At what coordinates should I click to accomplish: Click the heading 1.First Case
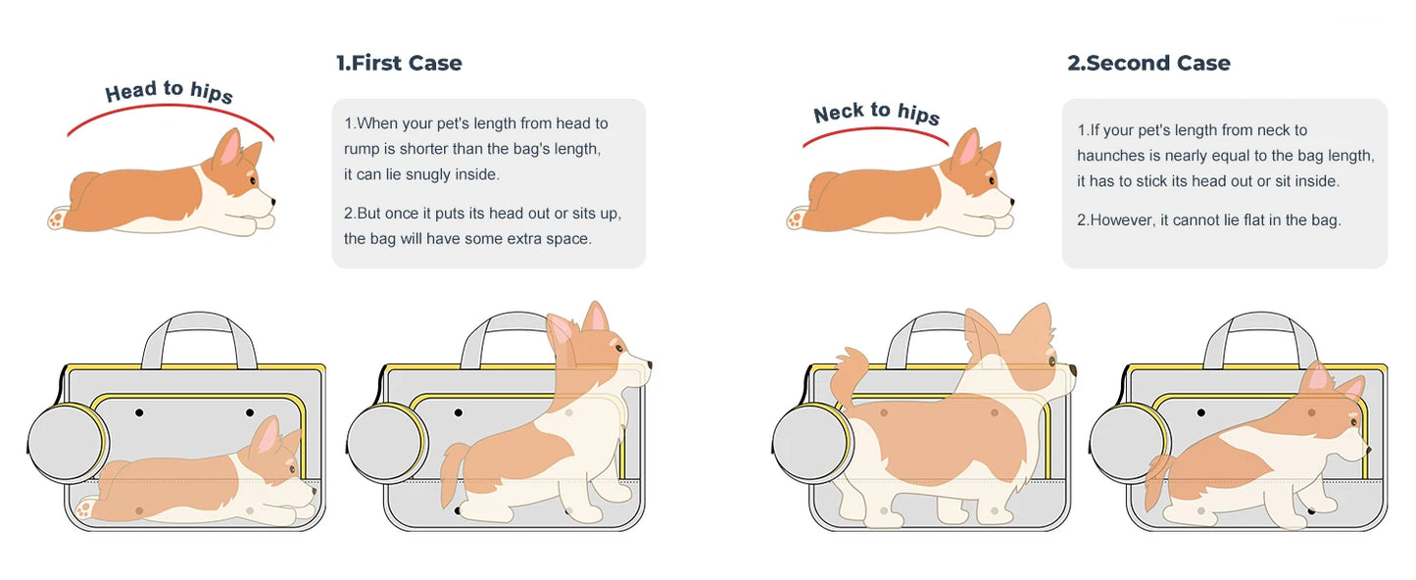[399, 64]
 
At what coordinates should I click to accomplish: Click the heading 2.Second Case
[1148, 64]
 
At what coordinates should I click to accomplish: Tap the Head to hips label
[169, 91]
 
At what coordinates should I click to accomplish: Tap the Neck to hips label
[876, 113]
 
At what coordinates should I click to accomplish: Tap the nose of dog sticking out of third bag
[1072, 371]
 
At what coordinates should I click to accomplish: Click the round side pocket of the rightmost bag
[1129, 443]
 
